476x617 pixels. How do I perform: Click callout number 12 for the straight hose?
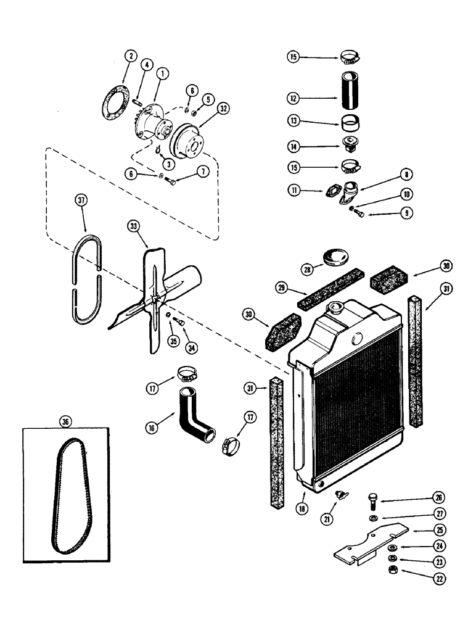pos(293,97)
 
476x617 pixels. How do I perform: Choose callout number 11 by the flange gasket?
pos(293,192)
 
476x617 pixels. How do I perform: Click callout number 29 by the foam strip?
pos(281,288)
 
